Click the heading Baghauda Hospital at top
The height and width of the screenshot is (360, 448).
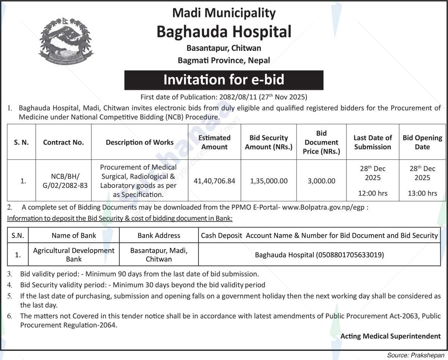tap(224, 31)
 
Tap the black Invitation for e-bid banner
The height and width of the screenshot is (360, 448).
tap(224, 80)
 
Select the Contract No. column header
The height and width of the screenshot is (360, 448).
tap(63, 142)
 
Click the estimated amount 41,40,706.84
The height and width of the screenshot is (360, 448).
tap(214, 181)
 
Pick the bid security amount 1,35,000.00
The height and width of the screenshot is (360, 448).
tap(269, 181)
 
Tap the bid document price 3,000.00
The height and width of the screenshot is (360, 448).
tap(321, 181)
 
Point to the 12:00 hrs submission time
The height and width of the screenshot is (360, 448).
tap(373, 193)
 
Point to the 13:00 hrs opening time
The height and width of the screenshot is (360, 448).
tap(422, 193)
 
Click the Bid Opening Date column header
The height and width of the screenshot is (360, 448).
tap(422, 142)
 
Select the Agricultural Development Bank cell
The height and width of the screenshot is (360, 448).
tap(74, 255)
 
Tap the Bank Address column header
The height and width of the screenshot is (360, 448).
tap(159, 235)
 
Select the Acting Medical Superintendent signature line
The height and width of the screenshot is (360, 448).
tap(390, 336)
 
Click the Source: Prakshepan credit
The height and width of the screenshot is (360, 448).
tap(415, 355)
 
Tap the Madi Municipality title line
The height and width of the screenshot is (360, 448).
tap(224, 13)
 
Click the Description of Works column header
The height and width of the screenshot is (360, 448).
tap(140, 142)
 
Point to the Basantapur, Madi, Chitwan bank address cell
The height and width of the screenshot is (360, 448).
tap(159, 255)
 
